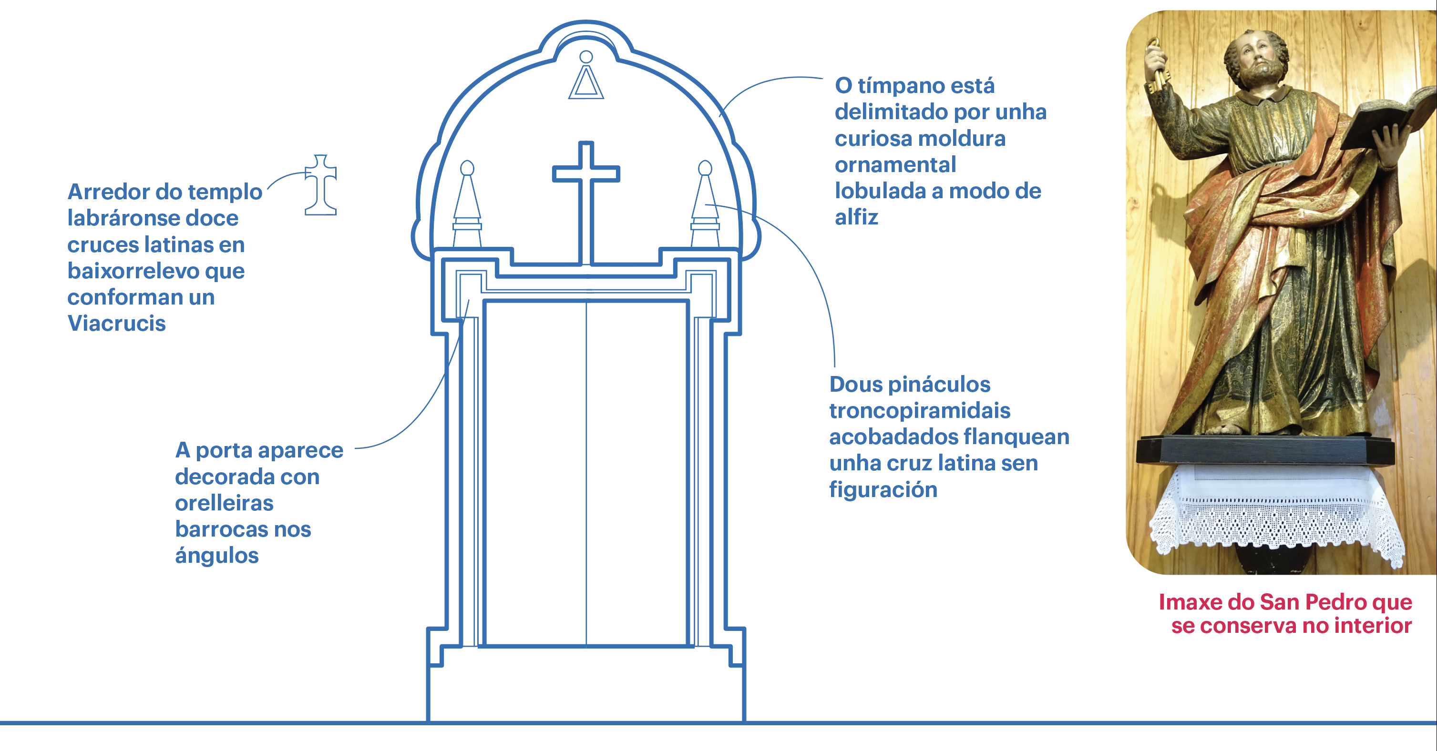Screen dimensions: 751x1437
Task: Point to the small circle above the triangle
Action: pyautogui.click(x=586, y=57)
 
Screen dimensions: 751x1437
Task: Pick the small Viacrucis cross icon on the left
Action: pyautogui.click(x=321, y=185)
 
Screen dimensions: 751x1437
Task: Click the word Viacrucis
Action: pyautogui.click(x=117, y=324)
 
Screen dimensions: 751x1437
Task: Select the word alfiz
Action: pyautogui.click(x=856, y=217)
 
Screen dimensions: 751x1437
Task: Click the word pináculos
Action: pyautogui.click(x=939, y=384)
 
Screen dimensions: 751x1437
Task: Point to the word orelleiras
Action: pyautogui.click(x=224, y=503)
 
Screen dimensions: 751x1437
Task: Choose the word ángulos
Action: pyautogui.click(x=217, y=555)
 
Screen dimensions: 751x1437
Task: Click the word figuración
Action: pyautogui.click(x=883, y=489)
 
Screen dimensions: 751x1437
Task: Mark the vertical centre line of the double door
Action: pyautogui.click(x=586, y=474)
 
